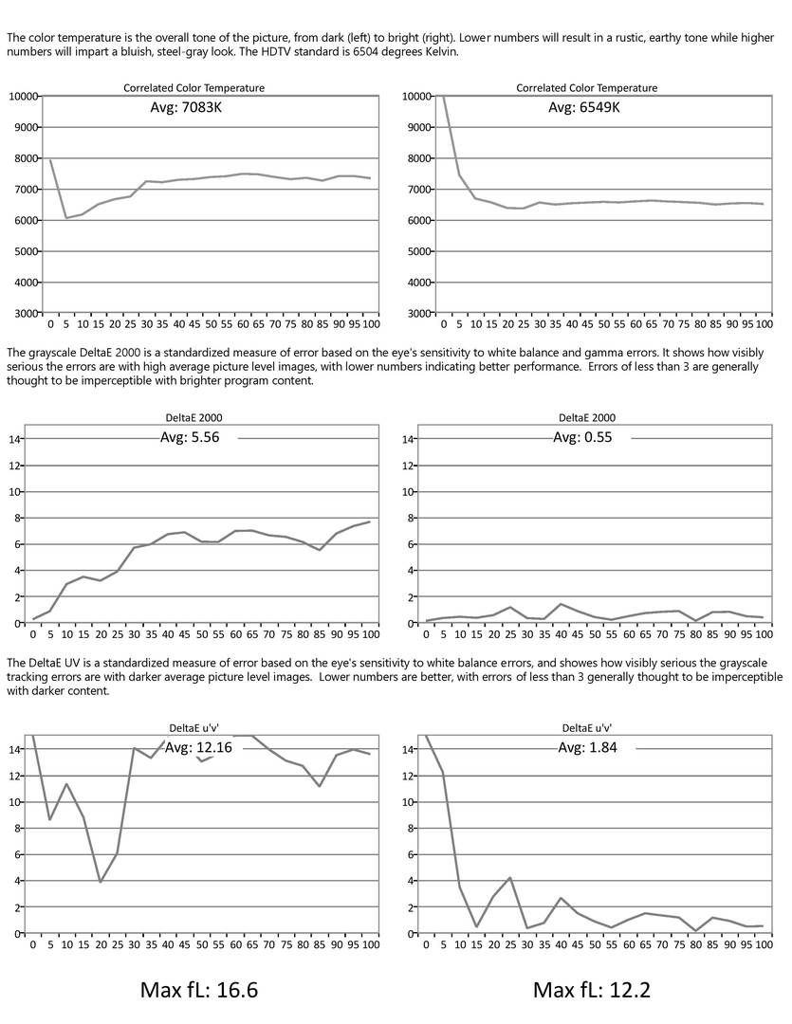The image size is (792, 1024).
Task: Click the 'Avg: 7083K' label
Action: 186,108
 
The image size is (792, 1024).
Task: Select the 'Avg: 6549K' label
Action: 584,108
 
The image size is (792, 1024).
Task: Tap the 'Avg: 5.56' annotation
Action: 190,437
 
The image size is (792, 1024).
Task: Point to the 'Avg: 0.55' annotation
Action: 583,437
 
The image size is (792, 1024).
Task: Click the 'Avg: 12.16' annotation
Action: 198,748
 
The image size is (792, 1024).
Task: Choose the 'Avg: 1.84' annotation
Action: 587,748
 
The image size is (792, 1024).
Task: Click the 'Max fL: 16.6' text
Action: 199,990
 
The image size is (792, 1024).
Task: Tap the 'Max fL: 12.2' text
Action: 592,990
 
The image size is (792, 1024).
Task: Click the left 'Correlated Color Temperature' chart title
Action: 194,88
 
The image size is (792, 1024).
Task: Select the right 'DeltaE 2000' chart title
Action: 587,418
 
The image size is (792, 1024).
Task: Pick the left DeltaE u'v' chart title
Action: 194,728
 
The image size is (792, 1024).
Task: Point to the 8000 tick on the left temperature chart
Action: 26,158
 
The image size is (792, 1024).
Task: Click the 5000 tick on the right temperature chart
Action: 419,251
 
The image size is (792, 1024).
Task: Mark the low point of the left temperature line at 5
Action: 66,218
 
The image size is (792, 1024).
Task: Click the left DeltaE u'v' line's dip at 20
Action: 100,883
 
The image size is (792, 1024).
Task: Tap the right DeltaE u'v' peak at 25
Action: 509,878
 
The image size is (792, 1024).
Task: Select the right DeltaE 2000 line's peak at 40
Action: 561,604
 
